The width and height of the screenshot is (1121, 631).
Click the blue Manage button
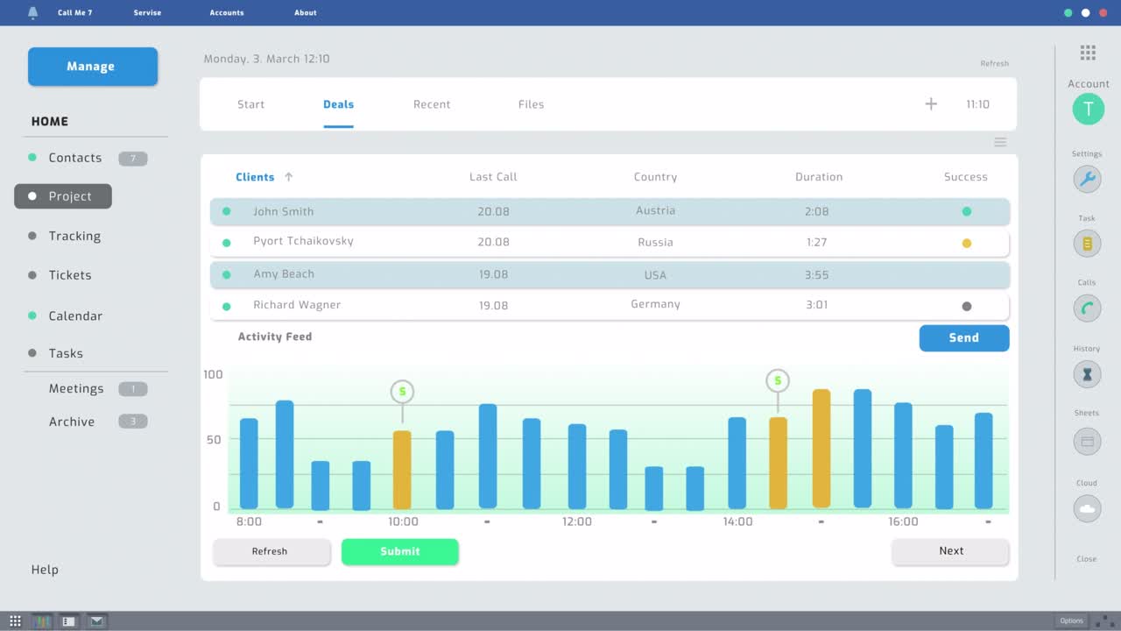click(x=92, y=67)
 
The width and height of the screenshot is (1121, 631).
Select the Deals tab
click(x=338, y=104)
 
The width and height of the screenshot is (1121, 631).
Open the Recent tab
click(x=432, y=104)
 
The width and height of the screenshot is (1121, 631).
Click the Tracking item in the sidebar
click(x=74, y=236)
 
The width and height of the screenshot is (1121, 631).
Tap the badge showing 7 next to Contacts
click(x=133, y=159)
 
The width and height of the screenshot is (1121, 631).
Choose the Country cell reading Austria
click(x=655, y=210)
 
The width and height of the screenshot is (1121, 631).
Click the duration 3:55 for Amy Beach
click(x=816, y=274)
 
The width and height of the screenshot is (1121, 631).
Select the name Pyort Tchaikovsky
click(x=303, y=241)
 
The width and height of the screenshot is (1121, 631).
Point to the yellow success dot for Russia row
click(x=967, y=243)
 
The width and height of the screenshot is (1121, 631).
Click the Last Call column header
click(x=493, y=177)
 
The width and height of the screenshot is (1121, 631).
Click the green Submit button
click(x=399, y=551)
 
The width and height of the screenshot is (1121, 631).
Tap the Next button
click(x=950, y=551)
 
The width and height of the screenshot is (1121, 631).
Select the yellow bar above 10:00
click(x=402, y=470)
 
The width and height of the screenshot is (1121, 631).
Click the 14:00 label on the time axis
click(x=737, y=521)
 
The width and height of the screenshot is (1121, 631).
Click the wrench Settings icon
click(x=1087, y=180)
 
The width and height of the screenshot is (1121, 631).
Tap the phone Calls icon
click(x=1087, y=308)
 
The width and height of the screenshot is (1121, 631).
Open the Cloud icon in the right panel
click(x=1087, y=508)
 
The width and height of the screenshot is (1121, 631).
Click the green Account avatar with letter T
click(x=1088, y=109)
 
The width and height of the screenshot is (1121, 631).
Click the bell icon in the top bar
click(x=33, y=13)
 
